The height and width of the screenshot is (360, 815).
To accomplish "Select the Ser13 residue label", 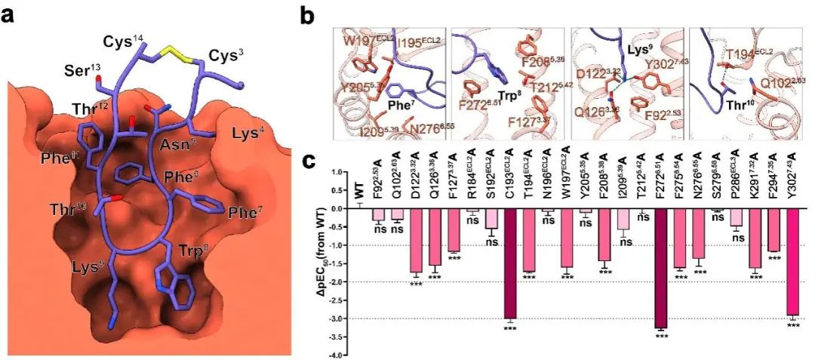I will point(83,74).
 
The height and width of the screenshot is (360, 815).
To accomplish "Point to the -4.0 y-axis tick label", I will point(337,355).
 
